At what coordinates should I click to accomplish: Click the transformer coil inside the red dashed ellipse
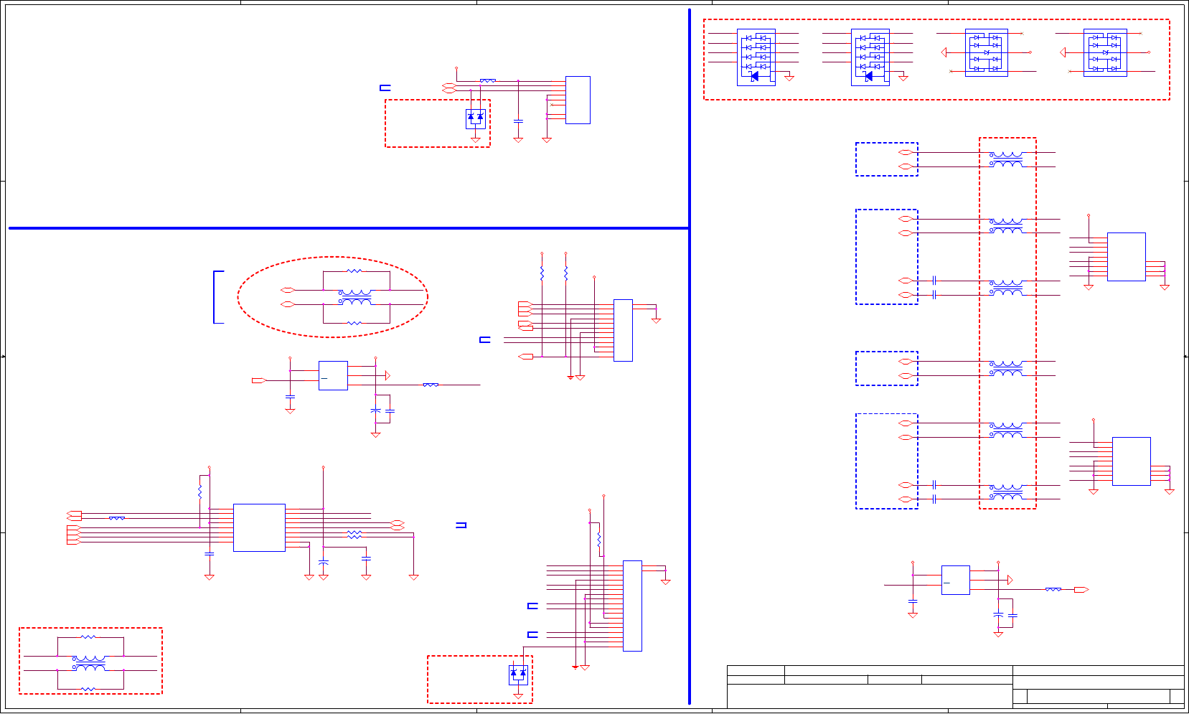pyautogui.click(x=355, y=297)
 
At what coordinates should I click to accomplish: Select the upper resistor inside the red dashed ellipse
pyautogui.click(x=354, y=271)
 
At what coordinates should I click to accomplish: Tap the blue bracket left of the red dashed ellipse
pyautogui.click(x=215, y=297)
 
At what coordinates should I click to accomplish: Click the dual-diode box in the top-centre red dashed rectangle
pyautogui.click(x=475, y=118)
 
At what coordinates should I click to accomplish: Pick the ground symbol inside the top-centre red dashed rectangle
pyautogui.click(x=475, y=140)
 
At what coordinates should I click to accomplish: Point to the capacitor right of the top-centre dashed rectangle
pyautogui.click(x=518, y=121)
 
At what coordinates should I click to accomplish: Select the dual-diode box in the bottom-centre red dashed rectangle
pyautogui.click(x=518, y=675)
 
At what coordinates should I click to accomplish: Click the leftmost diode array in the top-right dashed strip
pyautogui.click(x=756, y=57)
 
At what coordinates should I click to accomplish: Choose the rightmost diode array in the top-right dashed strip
pyautogui.click(x=1105, y=52)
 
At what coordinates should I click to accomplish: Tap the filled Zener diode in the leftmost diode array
pyautogui.click(x=754, y=76)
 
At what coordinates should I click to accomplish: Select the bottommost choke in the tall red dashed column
pyautogui.click(x=1006, y=492)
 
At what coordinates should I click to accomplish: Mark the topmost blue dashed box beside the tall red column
pyautogui.click(x=886, y=159)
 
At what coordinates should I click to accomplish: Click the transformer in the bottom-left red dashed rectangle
pyautogui.click(x=90, y=663)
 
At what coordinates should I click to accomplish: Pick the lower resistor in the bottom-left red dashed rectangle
pyautogui.click(x=88, y=689)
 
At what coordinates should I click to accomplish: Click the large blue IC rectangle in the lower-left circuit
pyautogui.click(x=259, y=527)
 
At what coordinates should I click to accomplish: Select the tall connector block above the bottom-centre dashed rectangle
pyautogui.click(x=632, y=606)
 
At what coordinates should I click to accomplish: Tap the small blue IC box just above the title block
pyautogui.click(x=955, y=580)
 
